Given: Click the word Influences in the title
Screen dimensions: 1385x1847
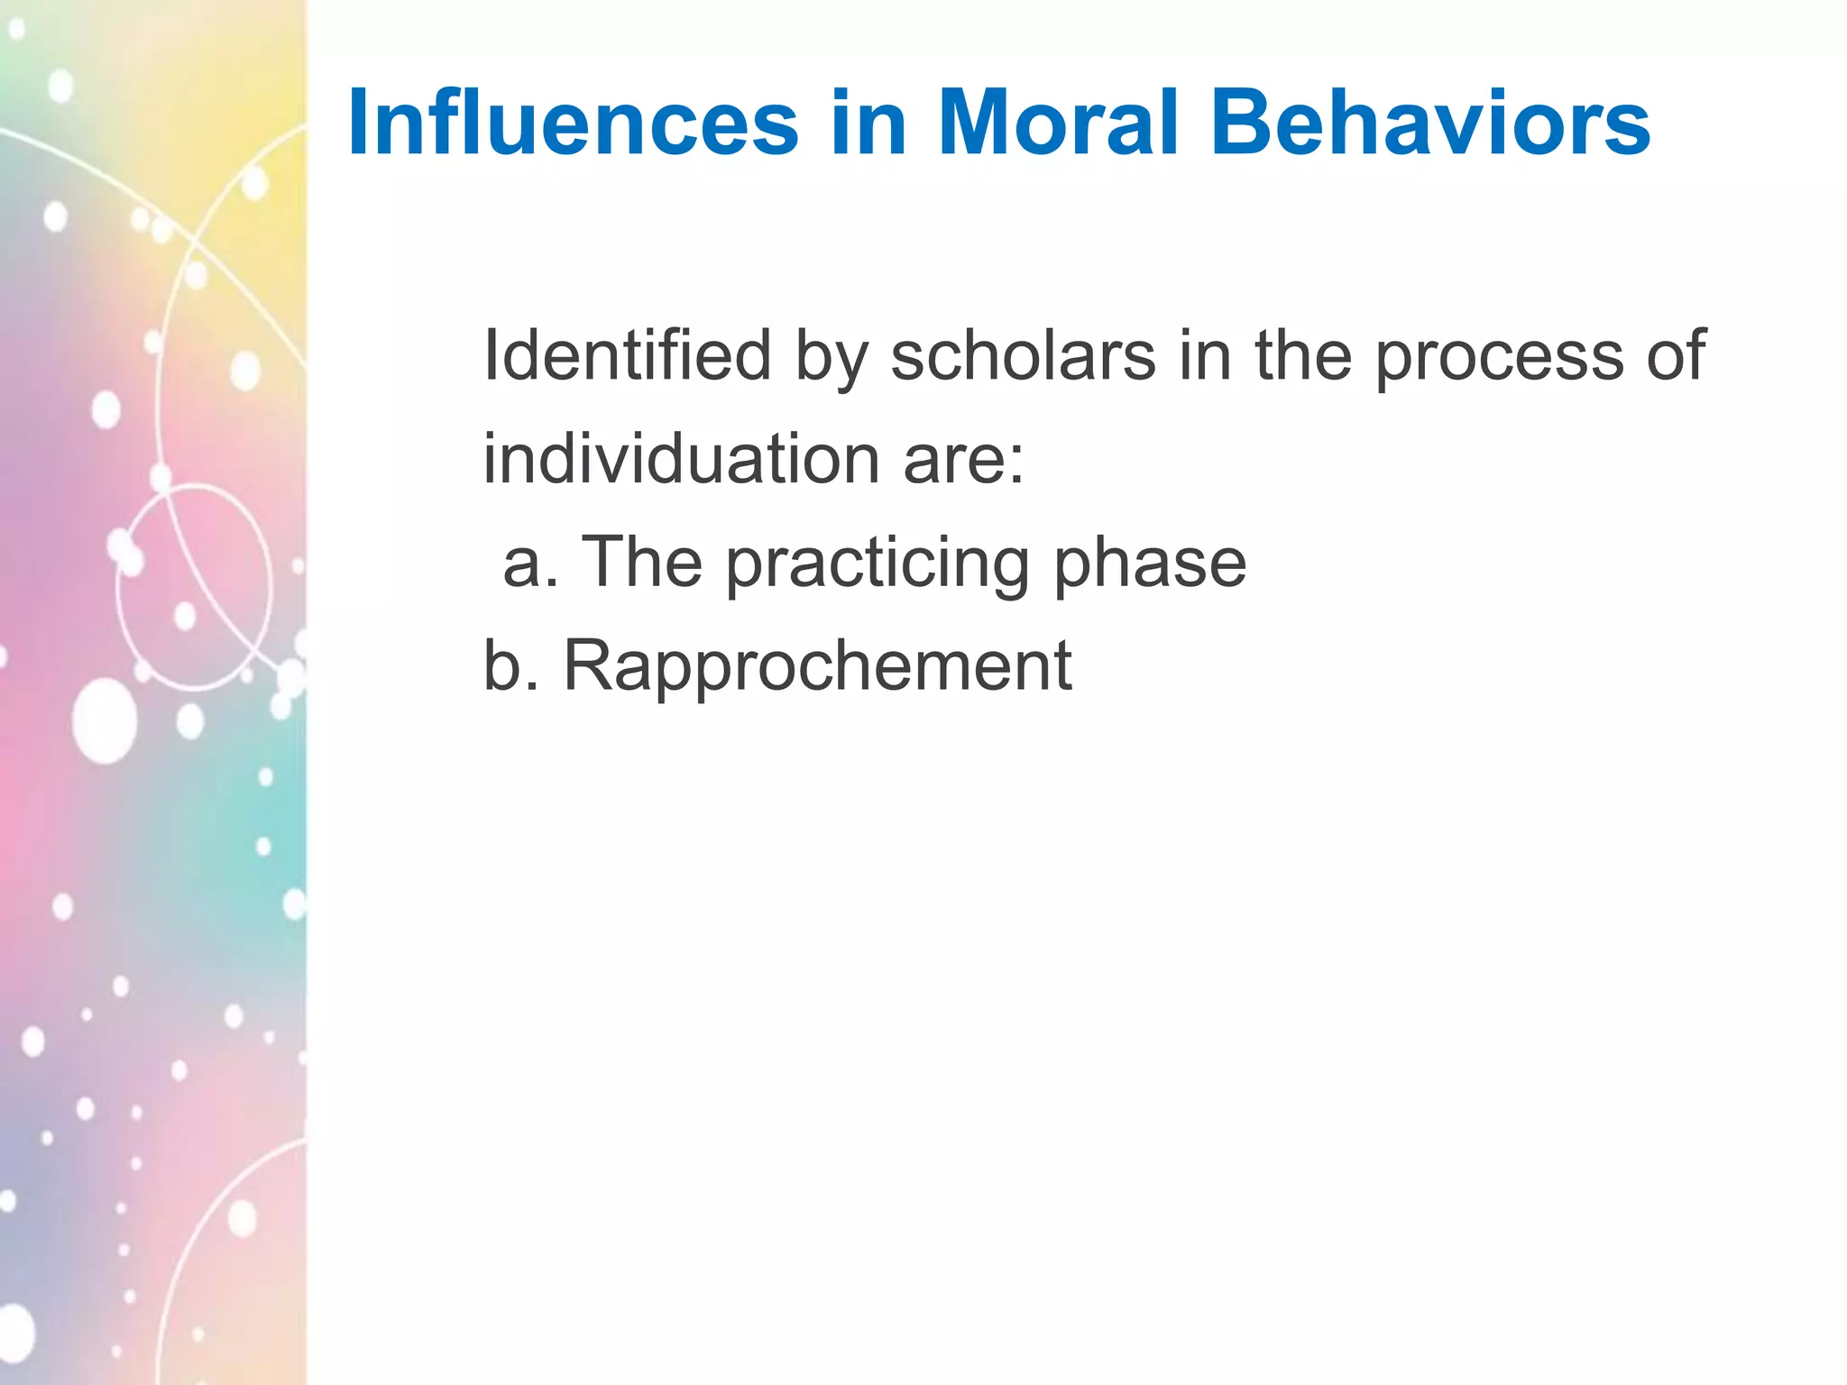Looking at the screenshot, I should [x=573, y=124].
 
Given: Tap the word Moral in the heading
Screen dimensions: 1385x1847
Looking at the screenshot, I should [x=1058, y=124].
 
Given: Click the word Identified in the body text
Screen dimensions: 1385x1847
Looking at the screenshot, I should [x=627, y=355].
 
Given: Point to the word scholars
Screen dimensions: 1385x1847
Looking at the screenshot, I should [x=1023, y=355].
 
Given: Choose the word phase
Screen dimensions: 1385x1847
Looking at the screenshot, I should [x=1150, y=564].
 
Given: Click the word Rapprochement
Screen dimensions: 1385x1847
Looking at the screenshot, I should [x=817, y=667].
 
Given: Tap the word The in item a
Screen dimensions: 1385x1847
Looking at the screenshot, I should [x=641, y=563].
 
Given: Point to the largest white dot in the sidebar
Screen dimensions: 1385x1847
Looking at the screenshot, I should [x=105, y=721].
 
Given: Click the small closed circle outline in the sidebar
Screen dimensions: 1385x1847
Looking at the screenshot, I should [x=194, y=587].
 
